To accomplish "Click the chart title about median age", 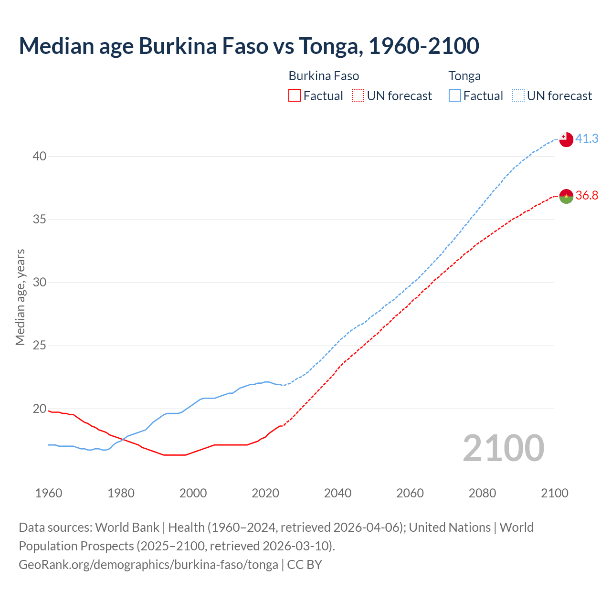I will point(249,46).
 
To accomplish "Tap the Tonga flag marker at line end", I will point(566,139).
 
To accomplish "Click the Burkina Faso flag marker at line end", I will point(566,196).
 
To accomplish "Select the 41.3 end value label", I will point(587,138).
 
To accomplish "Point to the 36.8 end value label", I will point(587,195).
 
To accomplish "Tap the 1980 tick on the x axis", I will point(121,493).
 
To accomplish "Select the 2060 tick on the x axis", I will point(410,493).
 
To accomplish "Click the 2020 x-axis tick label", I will point(265,493).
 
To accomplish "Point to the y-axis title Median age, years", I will point(20,297).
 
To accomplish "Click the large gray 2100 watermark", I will point(503,448).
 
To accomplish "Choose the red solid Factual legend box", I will point(295,96).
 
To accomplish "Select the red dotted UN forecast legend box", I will point(358,96).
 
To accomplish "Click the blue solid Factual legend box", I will point(455,96).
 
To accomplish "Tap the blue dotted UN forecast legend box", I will point(518,96).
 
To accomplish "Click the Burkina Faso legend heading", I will point(324,76).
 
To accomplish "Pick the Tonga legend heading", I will point(464,76).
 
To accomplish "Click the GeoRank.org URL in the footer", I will point(148,565).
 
